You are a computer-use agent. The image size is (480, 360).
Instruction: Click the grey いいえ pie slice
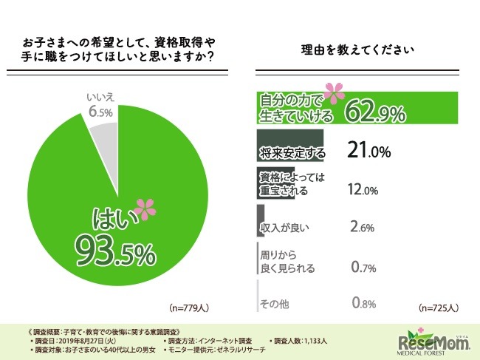[x=103, y=137]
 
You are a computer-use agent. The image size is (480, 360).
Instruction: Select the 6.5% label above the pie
[x=100, y=112]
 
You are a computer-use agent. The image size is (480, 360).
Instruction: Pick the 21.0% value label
[x=368, y=152]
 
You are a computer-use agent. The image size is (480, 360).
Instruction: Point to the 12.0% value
[x=362, y=190]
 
